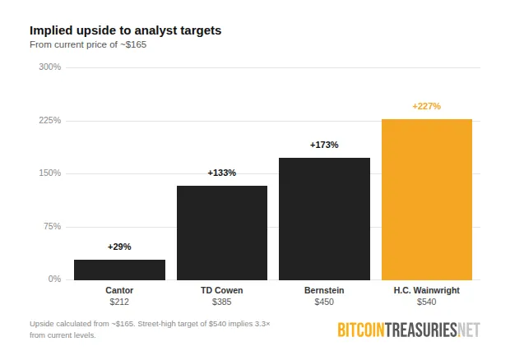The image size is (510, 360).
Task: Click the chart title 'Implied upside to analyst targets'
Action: point(125,30)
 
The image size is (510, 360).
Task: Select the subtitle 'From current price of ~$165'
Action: point(88,44)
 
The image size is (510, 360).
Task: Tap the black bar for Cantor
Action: point(119,270)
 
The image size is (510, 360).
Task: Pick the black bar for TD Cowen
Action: point(222,233)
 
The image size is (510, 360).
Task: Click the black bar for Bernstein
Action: point(324,219)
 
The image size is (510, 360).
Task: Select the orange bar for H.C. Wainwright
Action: point(426,200)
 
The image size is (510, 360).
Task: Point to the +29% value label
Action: point(119,247)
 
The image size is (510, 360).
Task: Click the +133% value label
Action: point(222,173)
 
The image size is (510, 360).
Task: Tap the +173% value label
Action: point(324,145)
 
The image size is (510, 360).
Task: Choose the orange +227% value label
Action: point(426,106)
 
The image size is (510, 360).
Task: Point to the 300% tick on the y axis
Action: point(50,67)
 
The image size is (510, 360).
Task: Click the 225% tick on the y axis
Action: point(50,120)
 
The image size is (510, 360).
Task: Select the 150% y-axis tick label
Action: point(50,173)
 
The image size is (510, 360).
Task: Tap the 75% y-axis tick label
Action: point(52,226)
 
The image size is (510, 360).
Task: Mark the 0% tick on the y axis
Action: point(54,279)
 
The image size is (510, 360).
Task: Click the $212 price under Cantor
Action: point(119,302)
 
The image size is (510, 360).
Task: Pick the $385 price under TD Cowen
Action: point(222,302)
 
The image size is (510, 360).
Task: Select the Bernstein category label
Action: point(324,290)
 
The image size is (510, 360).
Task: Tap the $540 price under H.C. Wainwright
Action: point(426,302)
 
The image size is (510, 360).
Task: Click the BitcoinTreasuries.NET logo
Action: point(408,330)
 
